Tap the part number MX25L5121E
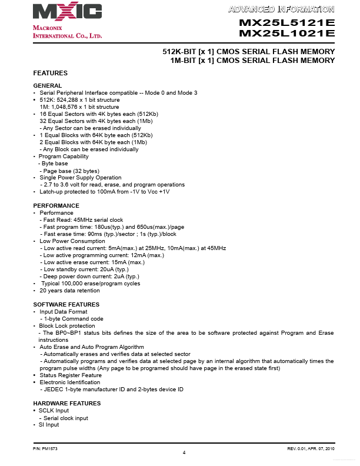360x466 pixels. [287, 23]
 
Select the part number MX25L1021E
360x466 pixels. [287, 34]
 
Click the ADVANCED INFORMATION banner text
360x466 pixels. [281, 9]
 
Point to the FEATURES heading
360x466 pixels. [50, 73]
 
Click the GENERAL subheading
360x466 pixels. [48, 86]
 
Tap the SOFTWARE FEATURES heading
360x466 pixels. [66, 304]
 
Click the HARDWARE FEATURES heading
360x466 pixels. [67, 403]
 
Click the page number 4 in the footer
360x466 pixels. [184, 452]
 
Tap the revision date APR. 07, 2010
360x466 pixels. [319, 448]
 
